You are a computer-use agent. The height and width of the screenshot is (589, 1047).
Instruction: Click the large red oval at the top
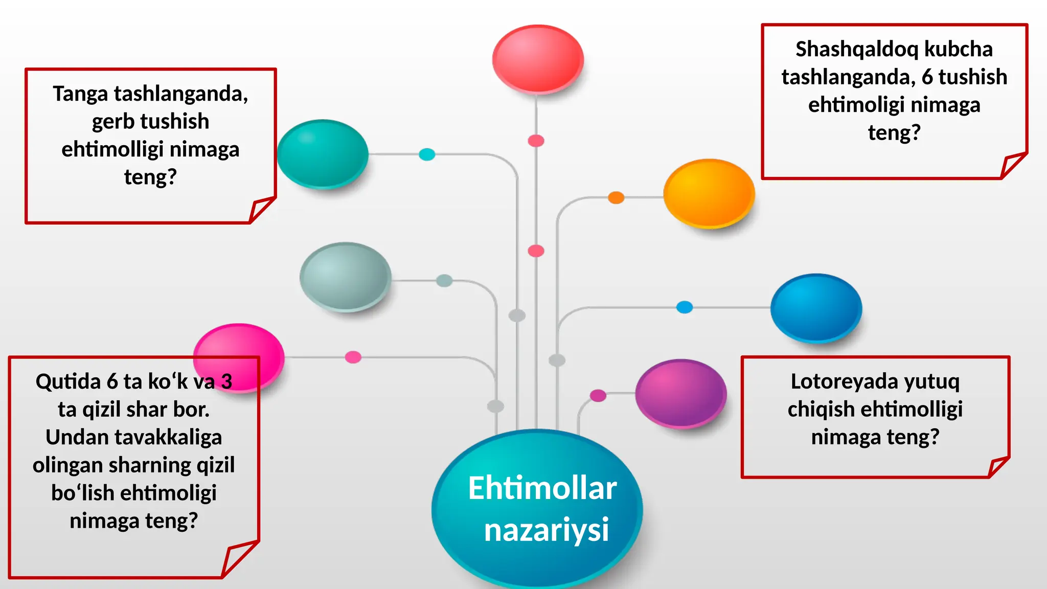538,59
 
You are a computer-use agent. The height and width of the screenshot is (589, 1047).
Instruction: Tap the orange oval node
709,193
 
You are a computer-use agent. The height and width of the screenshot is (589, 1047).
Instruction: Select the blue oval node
816,308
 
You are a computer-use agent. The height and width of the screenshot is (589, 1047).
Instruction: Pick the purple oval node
680,393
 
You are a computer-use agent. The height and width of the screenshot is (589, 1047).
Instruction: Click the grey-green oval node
345,277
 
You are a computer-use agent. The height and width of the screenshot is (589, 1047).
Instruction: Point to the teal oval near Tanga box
323,154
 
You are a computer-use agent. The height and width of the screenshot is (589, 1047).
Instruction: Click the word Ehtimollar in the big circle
542,488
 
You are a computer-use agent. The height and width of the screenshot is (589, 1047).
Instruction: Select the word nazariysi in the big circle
546,530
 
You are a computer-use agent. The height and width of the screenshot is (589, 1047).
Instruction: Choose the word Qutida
68,382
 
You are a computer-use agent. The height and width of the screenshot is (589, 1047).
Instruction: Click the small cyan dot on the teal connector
427,154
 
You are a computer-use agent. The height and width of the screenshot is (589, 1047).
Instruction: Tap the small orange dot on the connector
616,197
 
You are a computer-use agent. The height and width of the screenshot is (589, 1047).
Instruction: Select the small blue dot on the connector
685,307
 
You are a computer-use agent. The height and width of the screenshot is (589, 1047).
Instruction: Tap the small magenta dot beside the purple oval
598,395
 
